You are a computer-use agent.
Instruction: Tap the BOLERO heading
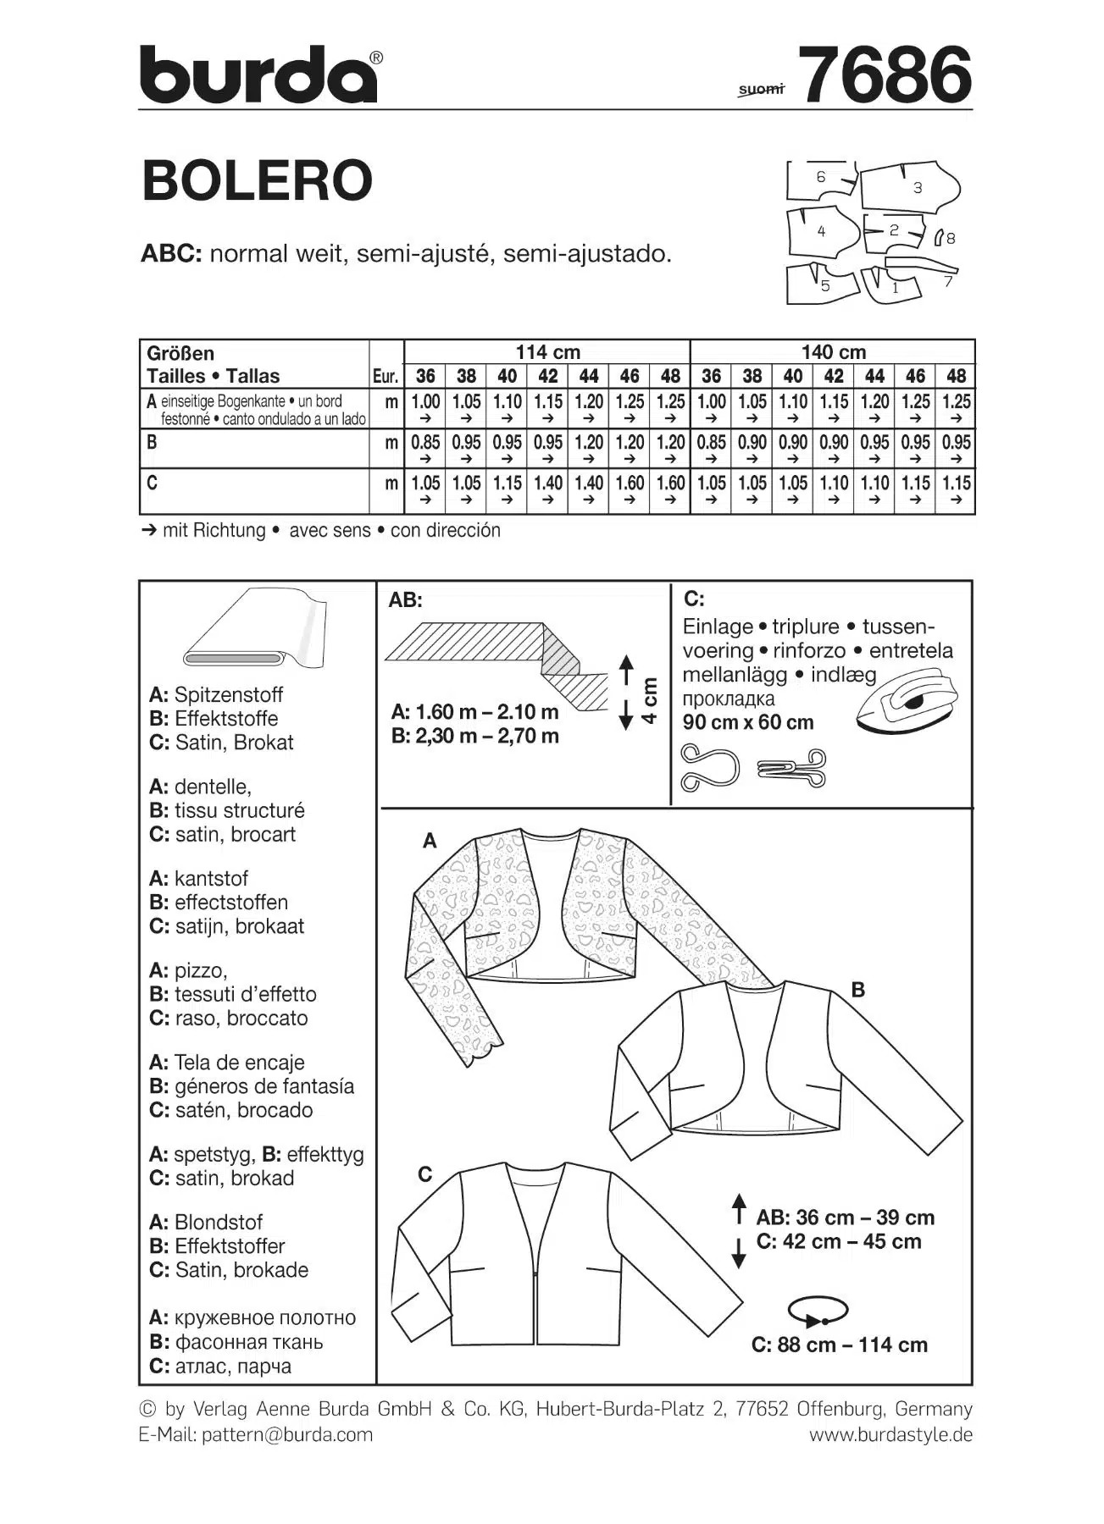click(258, 180)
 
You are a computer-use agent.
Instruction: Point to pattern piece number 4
click(819, 230)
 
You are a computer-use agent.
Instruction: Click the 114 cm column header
click(547, 351)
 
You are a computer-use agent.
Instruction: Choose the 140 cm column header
click(833, 351)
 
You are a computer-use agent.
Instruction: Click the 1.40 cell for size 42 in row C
click(547, 483)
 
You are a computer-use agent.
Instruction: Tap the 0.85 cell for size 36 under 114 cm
click(425, 442)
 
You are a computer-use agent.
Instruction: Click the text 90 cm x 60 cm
click(748, 722)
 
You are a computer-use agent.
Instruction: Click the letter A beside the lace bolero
click(430, 841)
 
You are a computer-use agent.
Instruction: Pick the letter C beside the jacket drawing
click(425, 1174)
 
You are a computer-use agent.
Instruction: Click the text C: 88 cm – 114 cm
click(839, 1345)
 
